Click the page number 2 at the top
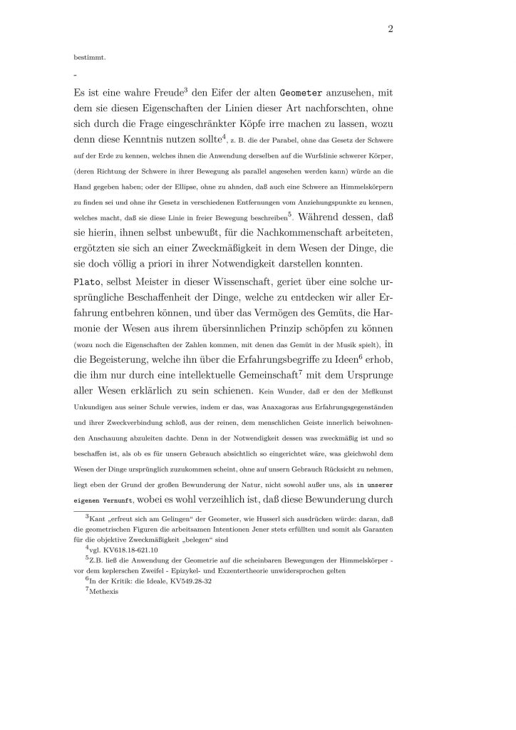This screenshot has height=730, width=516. click(391, 29)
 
